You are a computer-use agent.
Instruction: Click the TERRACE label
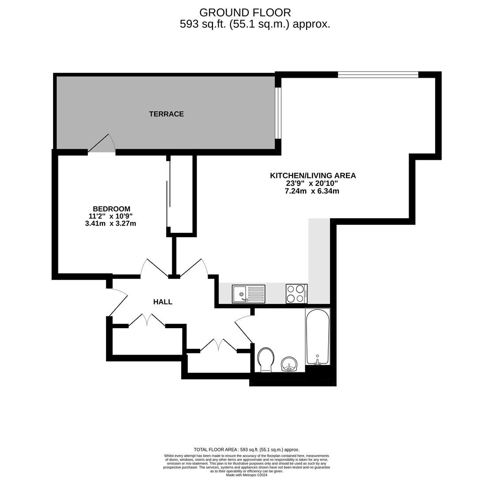click(167, 114)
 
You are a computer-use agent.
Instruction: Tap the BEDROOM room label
click(111, 209)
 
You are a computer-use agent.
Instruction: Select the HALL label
click(163, 302)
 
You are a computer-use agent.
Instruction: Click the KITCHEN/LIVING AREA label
click(313, 175)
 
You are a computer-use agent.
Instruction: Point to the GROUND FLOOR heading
click(245, 12)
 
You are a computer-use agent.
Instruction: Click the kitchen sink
click(248, 294)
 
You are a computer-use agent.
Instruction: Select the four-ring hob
click(296, 294)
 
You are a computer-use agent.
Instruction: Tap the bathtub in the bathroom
click(318, 337)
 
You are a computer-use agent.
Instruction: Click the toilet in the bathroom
click(265, 360)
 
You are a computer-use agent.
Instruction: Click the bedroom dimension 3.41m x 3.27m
click(111, 223)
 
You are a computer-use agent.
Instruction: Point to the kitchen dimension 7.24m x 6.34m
click(312, 191)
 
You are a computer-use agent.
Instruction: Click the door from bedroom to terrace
click(101, 143)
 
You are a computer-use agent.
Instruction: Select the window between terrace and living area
click(278, 113)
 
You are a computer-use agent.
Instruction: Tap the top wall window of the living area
click(378, 75)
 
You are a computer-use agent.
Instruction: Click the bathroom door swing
click(244, 327)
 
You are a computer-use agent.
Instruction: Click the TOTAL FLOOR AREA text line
click(246, 450)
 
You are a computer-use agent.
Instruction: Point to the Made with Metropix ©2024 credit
click(246, 475)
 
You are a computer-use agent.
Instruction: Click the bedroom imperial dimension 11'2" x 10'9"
click(111, 216)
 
